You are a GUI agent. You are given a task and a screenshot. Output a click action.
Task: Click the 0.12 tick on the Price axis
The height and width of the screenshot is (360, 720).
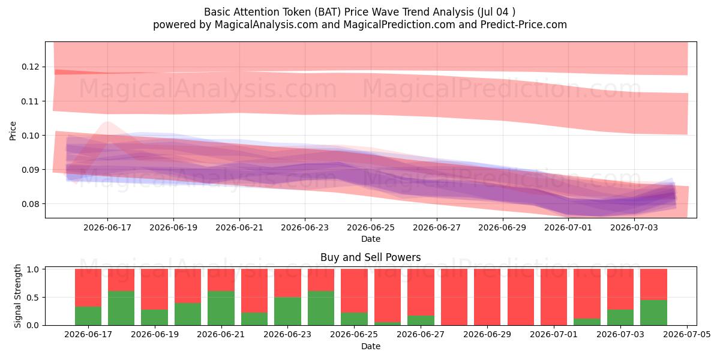click(x=30, y=67)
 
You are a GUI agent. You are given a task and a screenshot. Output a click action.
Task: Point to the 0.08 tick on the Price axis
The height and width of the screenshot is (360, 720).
click(x=30, y=204)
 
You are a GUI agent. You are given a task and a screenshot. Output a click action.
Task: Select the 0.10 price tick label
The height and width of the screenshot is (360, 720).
click(x=30, y=136)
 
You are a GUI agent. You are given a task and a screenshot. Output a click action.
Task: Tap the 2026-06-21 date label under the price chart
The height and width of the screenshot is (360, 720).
click(x=239, y=227)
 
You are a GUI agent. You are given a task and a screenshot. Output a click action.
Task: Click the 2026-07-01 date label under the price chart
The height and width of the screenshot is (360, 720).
click(x=568, y=227)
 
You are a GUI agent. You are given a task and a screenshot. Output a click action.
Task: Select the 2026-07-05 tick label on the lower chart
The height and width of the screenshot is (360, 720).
click(x=687, y=335)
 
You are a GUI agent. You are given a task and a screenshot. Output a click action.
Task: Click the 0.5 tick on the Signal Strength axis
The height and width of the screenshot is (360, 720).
click(x=32, y=298)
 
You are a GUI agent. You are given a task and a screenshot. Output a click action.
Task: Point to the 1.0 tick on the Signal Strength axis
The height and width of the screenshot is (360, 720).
click(x=32, y=269)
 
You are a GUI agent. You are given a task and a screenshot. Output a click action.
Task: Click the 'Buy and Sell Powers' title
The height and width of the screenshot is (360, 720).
click(x=371, y=257)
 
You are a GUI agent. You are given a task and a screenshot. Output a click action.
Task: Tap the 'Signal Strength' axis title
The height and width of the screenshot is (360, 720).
click(x=17, y=296)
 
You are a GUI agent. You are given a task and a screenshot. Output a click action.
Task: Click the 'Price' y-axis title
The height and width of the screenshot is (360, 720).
click(x=13, y=131)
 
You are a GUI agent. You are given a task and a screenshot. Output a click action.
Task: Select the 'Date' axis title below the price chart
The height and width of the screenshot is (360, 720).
click(x=371, y=239)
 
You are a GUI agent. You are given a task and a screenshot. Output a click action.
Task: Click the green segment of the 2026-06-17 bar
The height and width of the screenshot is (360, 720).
click(x=88, y=316)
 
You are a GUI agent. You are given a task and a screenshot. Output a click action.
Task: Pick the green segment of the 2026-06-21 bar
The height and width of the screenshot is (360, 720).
click(x=221, y=308)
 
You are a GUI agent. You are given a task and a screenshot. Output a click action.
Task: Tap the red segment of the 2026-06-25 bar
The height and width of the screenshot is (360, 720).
click(x=354, y=291)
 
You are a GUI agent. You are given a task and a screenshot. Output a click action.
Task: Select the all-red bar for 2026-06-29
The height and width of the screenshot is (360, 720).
click(x=487, y=298)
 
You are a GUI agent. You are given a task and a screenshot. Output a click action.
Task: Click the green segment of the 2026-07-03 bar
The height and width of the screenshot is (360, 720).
click(x=620, y=317)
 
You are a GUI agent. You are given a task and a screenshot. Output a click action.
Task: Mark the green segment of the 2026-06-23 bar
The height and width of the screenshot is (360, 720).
click(x=287, y=311)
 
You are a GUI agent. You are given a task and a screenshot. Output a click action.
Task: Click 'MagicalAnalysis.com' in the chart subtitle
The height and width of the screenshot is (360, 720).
click(x=266, y=25)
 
